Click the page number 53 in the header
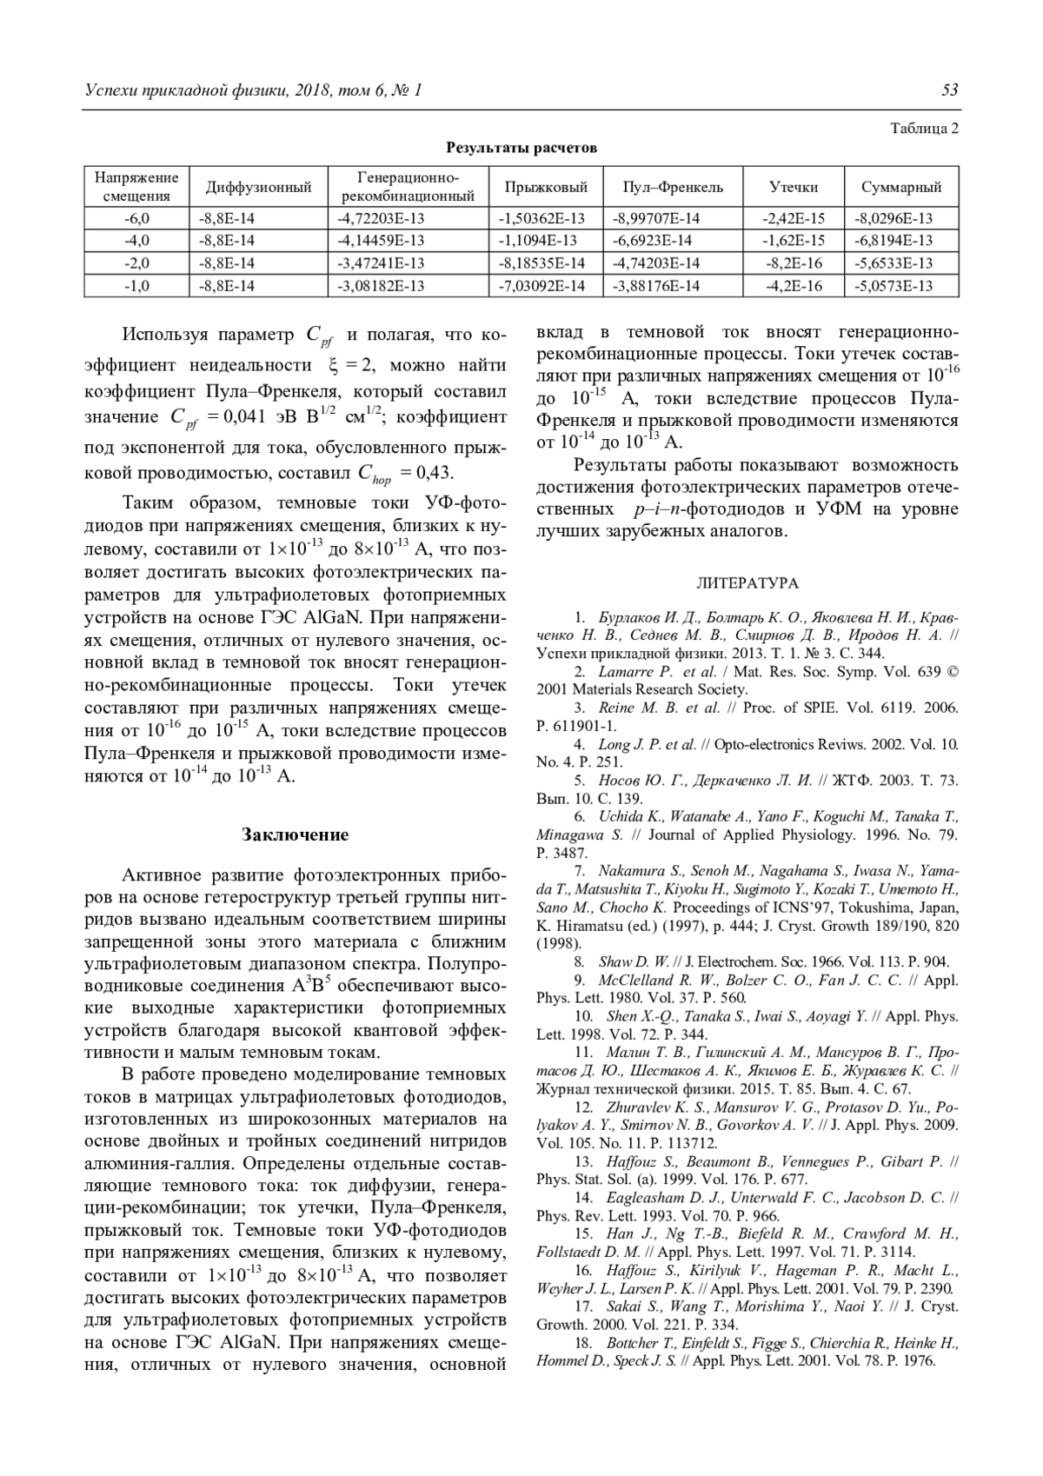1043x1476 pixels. [x=949, y=90]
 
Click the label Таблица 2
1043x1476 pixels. [x=925, y=129]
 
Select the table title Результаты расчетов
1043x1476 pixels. [x=521, y=148]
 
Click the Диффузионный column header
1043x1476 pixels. [x=258, y=187]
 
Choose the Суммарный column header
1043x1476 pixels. [x=900, y=187]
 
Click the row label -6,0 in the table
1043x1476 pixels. [x=136, y=218]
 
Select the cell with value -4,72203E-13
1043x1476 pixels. [x=381, y=218]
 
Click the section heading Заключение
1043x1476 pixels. [x=295, y=835]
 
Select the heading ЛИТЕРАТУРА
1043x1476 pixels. [x=747, y=583]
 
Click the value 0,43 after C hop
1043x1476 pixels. [x=435, y=473]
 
